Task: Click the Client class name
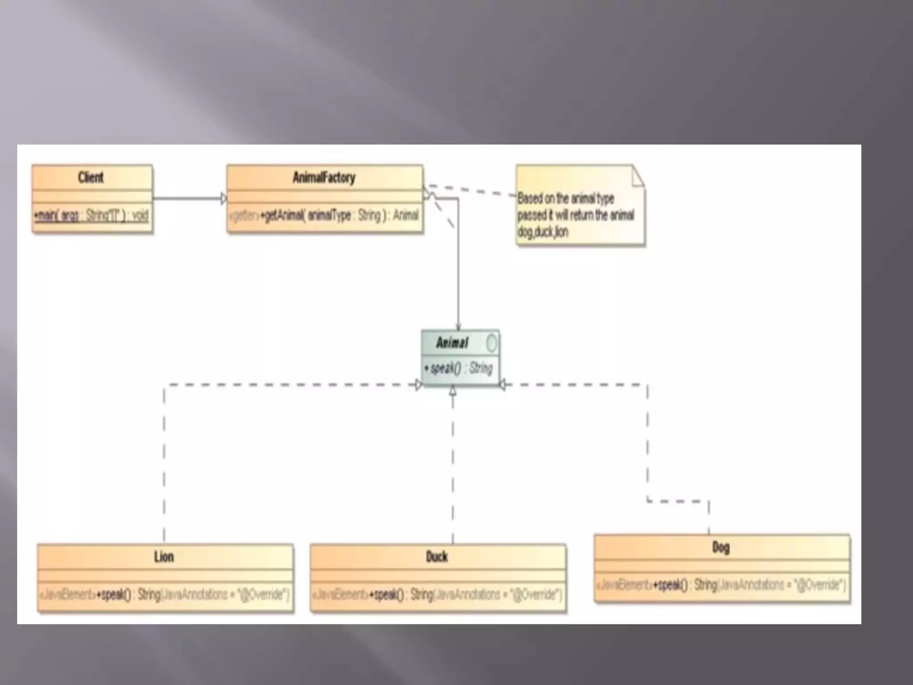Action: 90,177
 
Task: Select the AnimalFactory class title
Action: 324,177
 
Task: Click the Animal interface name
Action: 452,342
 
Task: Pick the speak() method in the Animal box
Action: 458,368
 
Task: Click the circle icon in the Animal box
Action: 491,343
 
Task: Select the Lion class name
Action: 164,557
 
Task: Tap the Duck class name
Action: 436,557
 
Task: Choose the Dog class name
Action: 721,547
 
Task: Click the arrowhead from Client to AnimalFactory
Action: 224,198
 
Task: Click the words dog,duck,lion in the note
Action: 543,232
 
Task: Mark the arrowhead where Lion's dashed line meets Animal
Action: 418,384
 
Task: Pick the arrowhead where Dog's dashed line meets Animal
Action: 502,384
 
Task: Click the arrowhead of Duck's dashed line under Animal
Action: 453,391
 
